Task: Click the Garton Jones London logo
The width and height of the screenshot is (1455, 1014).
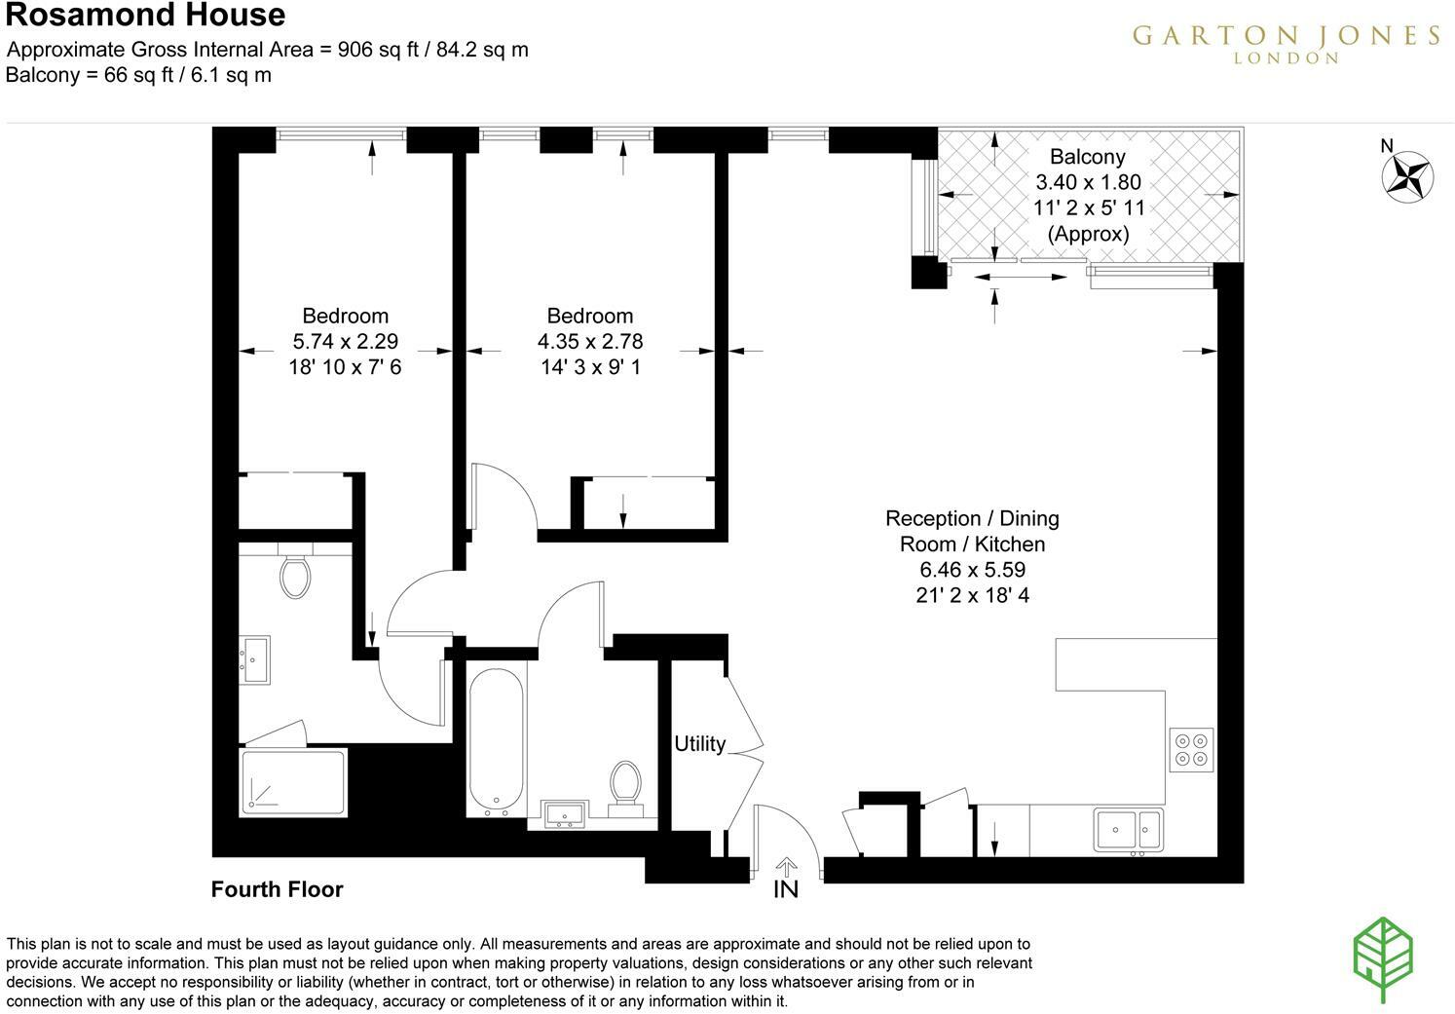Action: click(x=1285, y=43)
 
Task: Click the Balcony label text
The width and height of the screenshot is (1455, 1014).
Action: click(x=1087, y=157)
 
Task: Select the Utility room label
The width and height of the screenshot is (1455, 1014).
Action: click(x=699, y=744)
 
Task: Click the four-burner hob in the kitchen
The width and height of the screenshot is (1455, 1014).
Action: click(x=1191, y=748)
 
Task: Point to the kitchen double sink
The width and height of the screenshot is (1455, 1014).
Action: click(x=1128, y=830)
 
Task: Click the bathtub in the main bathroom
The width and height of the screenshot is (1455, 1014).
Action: click(x=497, y=739)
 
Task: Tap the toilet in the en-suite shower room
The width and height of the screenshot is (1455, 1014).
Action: click(x=294, y=576)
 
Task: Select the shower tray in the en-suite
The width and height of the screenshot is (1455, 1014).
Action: click(x=293, y=780)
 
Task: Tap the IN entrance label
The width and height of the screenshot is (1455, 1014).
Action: click(x=786, y=889)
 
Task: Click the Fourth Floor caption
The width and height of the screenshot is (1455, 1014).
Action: click(x=277, y=889)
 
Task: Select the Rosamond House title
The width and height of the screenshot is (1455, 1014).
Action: click(x=146, y=16)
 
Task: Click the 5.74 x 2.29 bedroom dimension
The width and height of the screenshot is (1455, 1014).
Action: click(x=345, y=342)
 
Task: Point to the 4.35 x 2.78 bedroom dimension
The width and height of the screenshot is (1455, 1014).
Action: click(x=590, y=342)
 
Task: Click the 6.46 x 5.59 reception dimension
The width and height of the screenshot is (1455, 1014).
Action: click(x=972, y=570)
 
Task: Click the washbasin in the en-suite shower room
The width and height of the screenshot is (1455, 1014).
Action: click(x=255, y=660)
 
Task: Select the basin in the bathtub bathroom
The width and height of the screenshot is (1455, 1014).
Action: click(x=564, y=814)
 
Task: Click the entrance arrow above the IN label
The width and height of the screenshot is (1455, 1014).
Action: click(x=786, y=866)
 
